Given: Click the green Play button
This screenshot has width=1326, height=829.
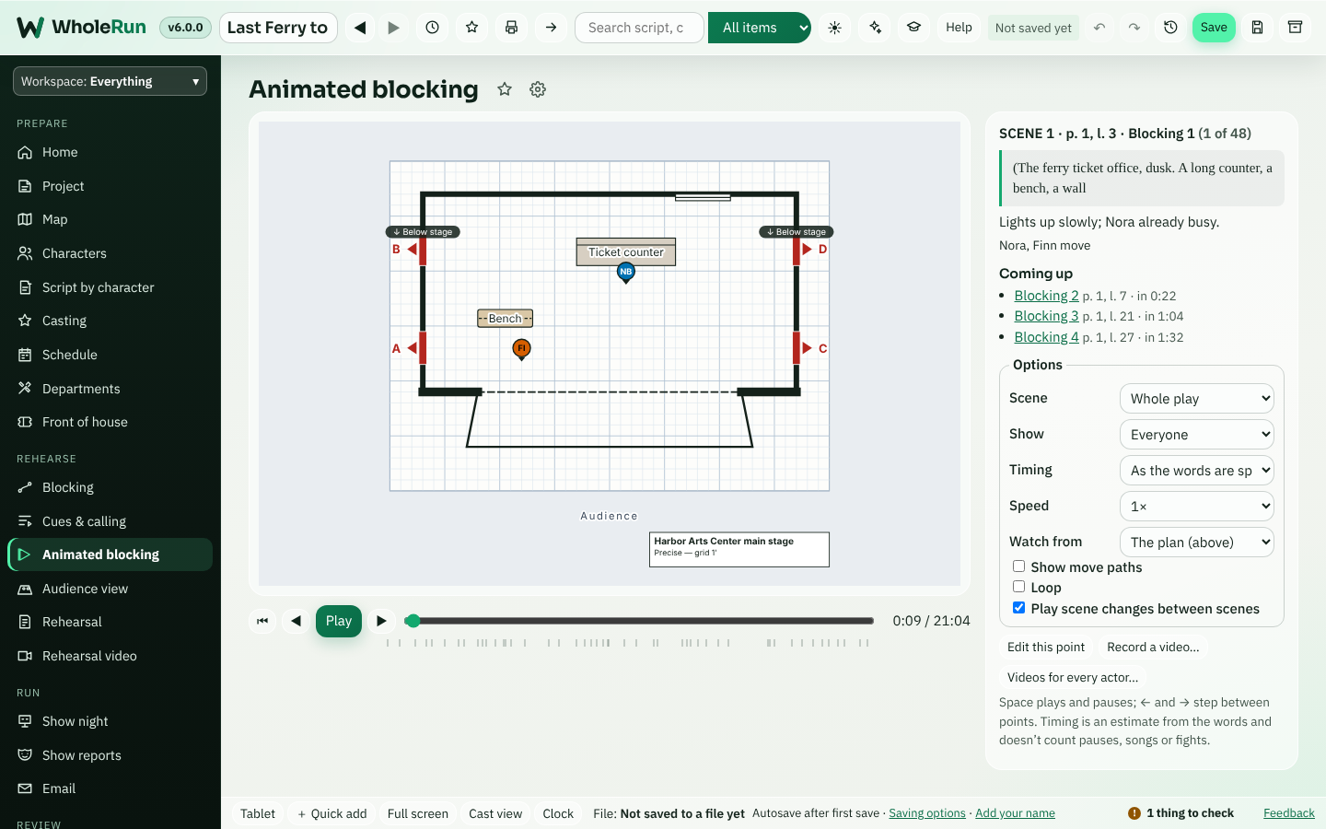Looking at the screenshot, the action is pyautogui.click(x=339, y=621).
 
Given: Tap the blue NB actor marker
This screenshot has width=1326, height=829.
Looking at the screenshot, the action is pyautogui.click(x=626, y=273).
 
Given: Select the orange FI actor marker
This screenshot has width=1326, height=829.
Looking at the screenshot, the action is pyautogui.click(x=521, y=349).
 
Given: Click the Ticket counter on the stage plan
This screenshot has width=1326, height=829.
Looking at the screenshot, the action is pyautogui.click(x=626, y=251).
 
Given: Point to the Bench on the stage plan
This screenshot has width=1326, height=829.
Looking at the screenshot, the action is pyautogui.click(x=505, y=318).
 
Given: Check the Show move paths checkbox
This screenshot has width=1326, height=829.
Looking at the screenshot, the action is pyautogui.click(x=1018, y=566).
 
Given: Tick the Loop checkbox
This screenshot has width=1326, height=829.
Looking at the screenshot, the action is pyautogui.click(x=1018, y=587).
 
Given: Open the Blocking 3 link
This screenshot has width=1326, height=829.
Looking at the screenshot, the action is pyautogui.click(x=1047, y=316).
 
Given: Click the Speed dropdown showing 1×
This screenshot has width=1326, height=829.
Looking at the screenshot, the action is pyautogui.click(x=1197, y=507).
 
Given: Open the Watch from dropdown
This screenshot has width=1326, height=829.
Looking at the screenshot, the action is pyautogui.click(x=1197, y=542).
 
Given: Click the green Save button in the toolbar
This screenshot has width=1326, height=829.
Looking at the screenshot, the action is pyautogui.click(x=1214, y=28).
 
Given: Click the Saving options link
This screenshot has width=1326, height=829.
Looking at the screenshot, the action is pyautogui.click(x=927, y=813).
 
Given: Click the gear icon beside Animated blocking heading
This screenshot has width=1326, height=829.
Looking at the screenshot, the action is pyautogui.click(x=538, y=89).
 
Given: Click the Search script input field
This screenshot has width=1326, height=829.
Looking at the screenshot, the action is pyautogui.click(x=639, y=28).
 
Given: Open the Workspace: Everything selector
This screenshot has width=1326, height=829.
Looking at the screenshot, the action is pyautogui.click(x=110, y=81).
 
